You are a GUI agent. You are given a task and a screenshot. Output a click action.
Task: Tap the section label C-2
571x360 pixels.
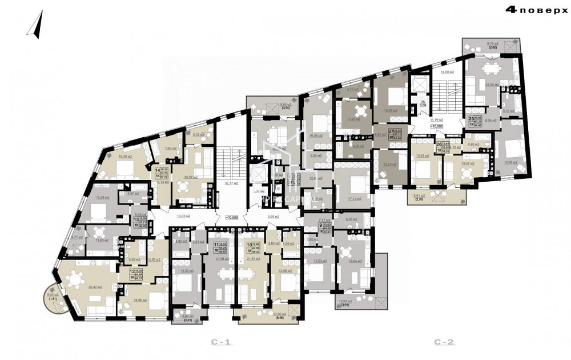pyautogui.click(x=444, y=342)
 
